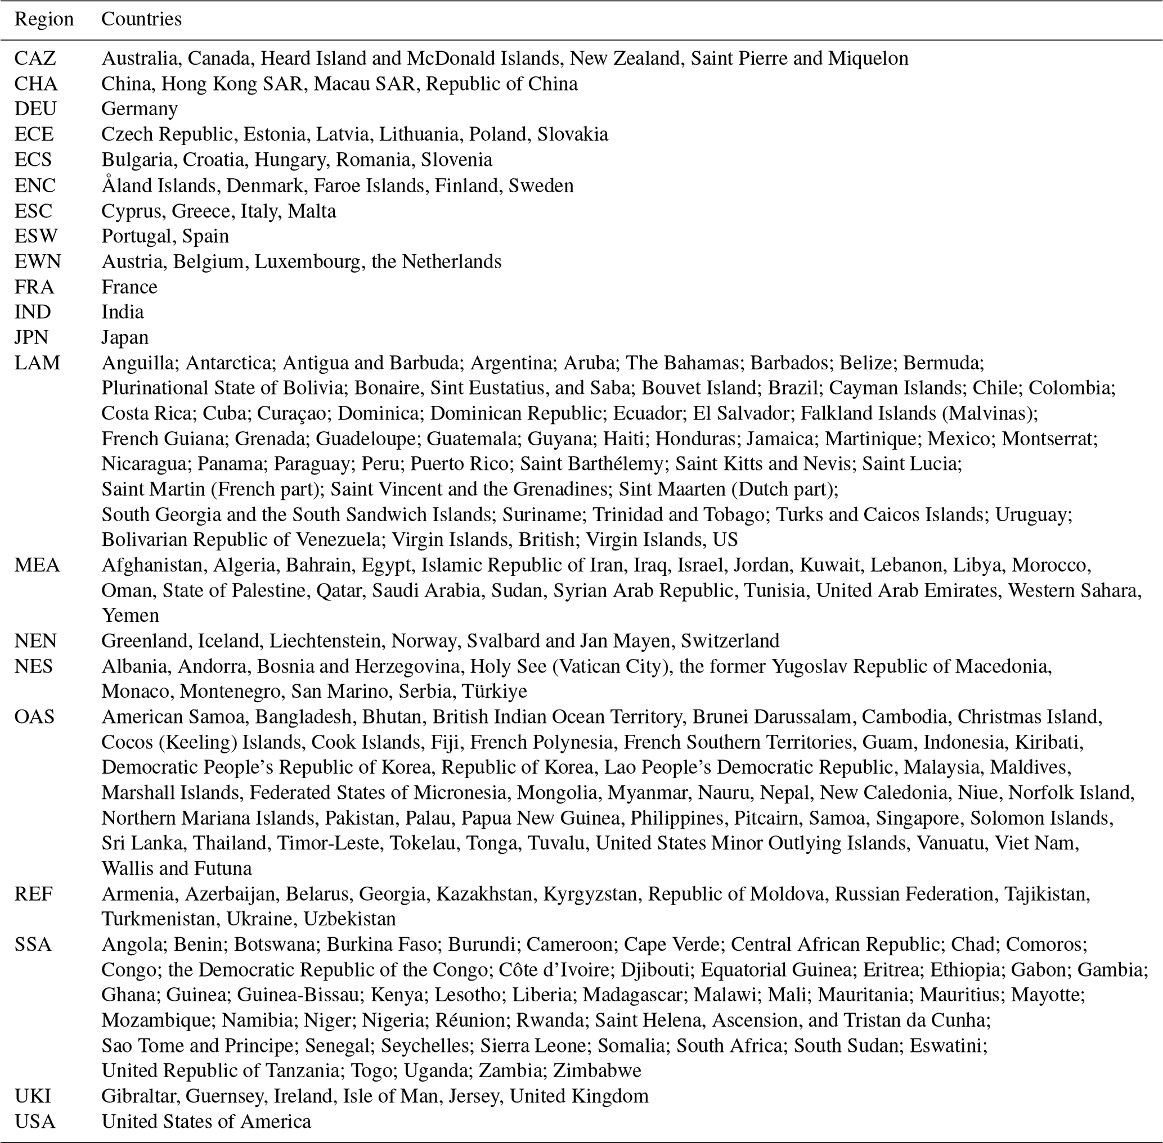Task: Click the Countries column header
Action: click(x=141, y=19)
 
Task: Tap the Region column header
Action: click(x=44, y=19)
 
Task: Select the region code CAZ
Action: click(x=35, y=58)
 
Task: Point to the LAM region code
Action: click(x=37, y=363)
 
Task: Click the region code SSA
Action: click(x=33, y=945)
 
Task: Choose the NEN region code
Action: click(x=35, y=640)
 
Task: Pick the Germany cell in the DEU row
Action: click(x=140, y=109)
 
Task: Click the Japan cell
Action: click(x=124, y=337)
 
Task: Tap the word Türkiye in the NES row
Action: click(x=495, y=691)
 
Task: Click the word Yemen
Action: click(x=131, y=615)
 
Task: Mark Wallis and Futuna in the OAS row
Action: click(x=176, y=868)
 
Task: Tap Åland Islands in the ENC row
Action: click(x=158, y=186)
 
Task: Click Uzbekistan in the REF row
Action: click(x=349, y=919)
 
